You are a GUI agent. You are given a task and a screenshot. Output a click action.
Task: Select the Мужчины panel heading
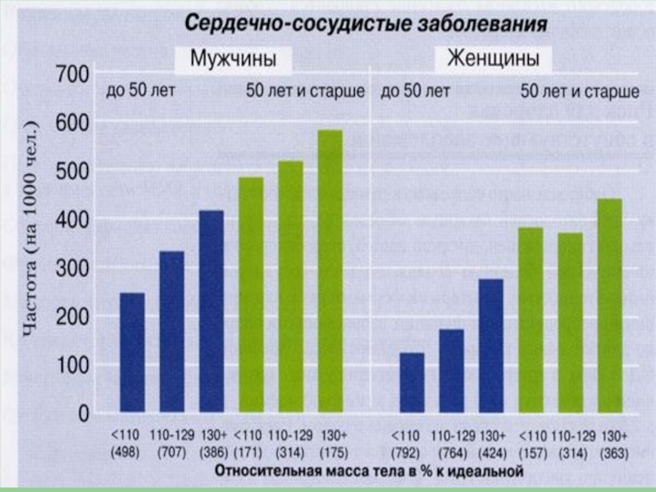pyautogui.click(x=232, y=60)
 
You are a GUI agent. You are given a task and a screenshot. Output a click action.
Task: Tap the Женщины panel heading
pyautogui.click(x=493, y=60)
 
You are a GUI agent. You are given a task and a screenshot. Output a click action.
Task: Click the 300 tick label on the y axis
pyautogui.click(x=72, y=268)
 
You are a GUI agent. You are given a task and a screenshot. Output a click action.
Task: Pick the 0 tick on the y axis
pyautogui.click(x=83, y=414)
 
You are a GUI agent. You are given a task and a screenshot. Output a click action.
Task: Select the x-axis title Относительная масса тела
pyautogui.click(x=369, y=471)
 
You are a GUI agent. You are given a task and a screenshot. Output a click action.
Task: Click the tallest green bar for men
pyautogui.click(x=330, y=271)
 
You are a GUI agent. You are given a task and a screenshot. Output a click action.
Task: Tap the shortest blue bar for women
pyautogui.click(x=412, y=382)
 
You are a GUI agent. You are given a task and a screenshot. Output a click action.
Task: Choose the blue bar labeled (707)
pyautogui.click(x=171, y=331)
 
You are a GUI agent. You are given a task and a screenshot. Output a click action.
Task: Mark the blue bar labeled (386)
pyautogui.click(x=212, y=311)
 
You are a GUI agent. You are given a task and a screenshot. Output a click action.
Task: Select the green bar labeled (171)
pyautogui.click(x=251, y=294)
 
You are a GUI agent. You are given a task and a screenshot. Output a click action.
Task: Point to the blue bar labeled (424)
pyautogui.click(x=491, y=345)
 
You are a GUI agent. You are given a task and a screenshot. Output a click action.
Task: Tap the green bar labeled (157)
pyautogui.click(x=531, y=320)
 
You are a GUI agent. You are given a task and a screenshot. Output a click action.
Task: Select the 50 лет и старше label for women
pyautogui.click(x=581, y=91)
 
